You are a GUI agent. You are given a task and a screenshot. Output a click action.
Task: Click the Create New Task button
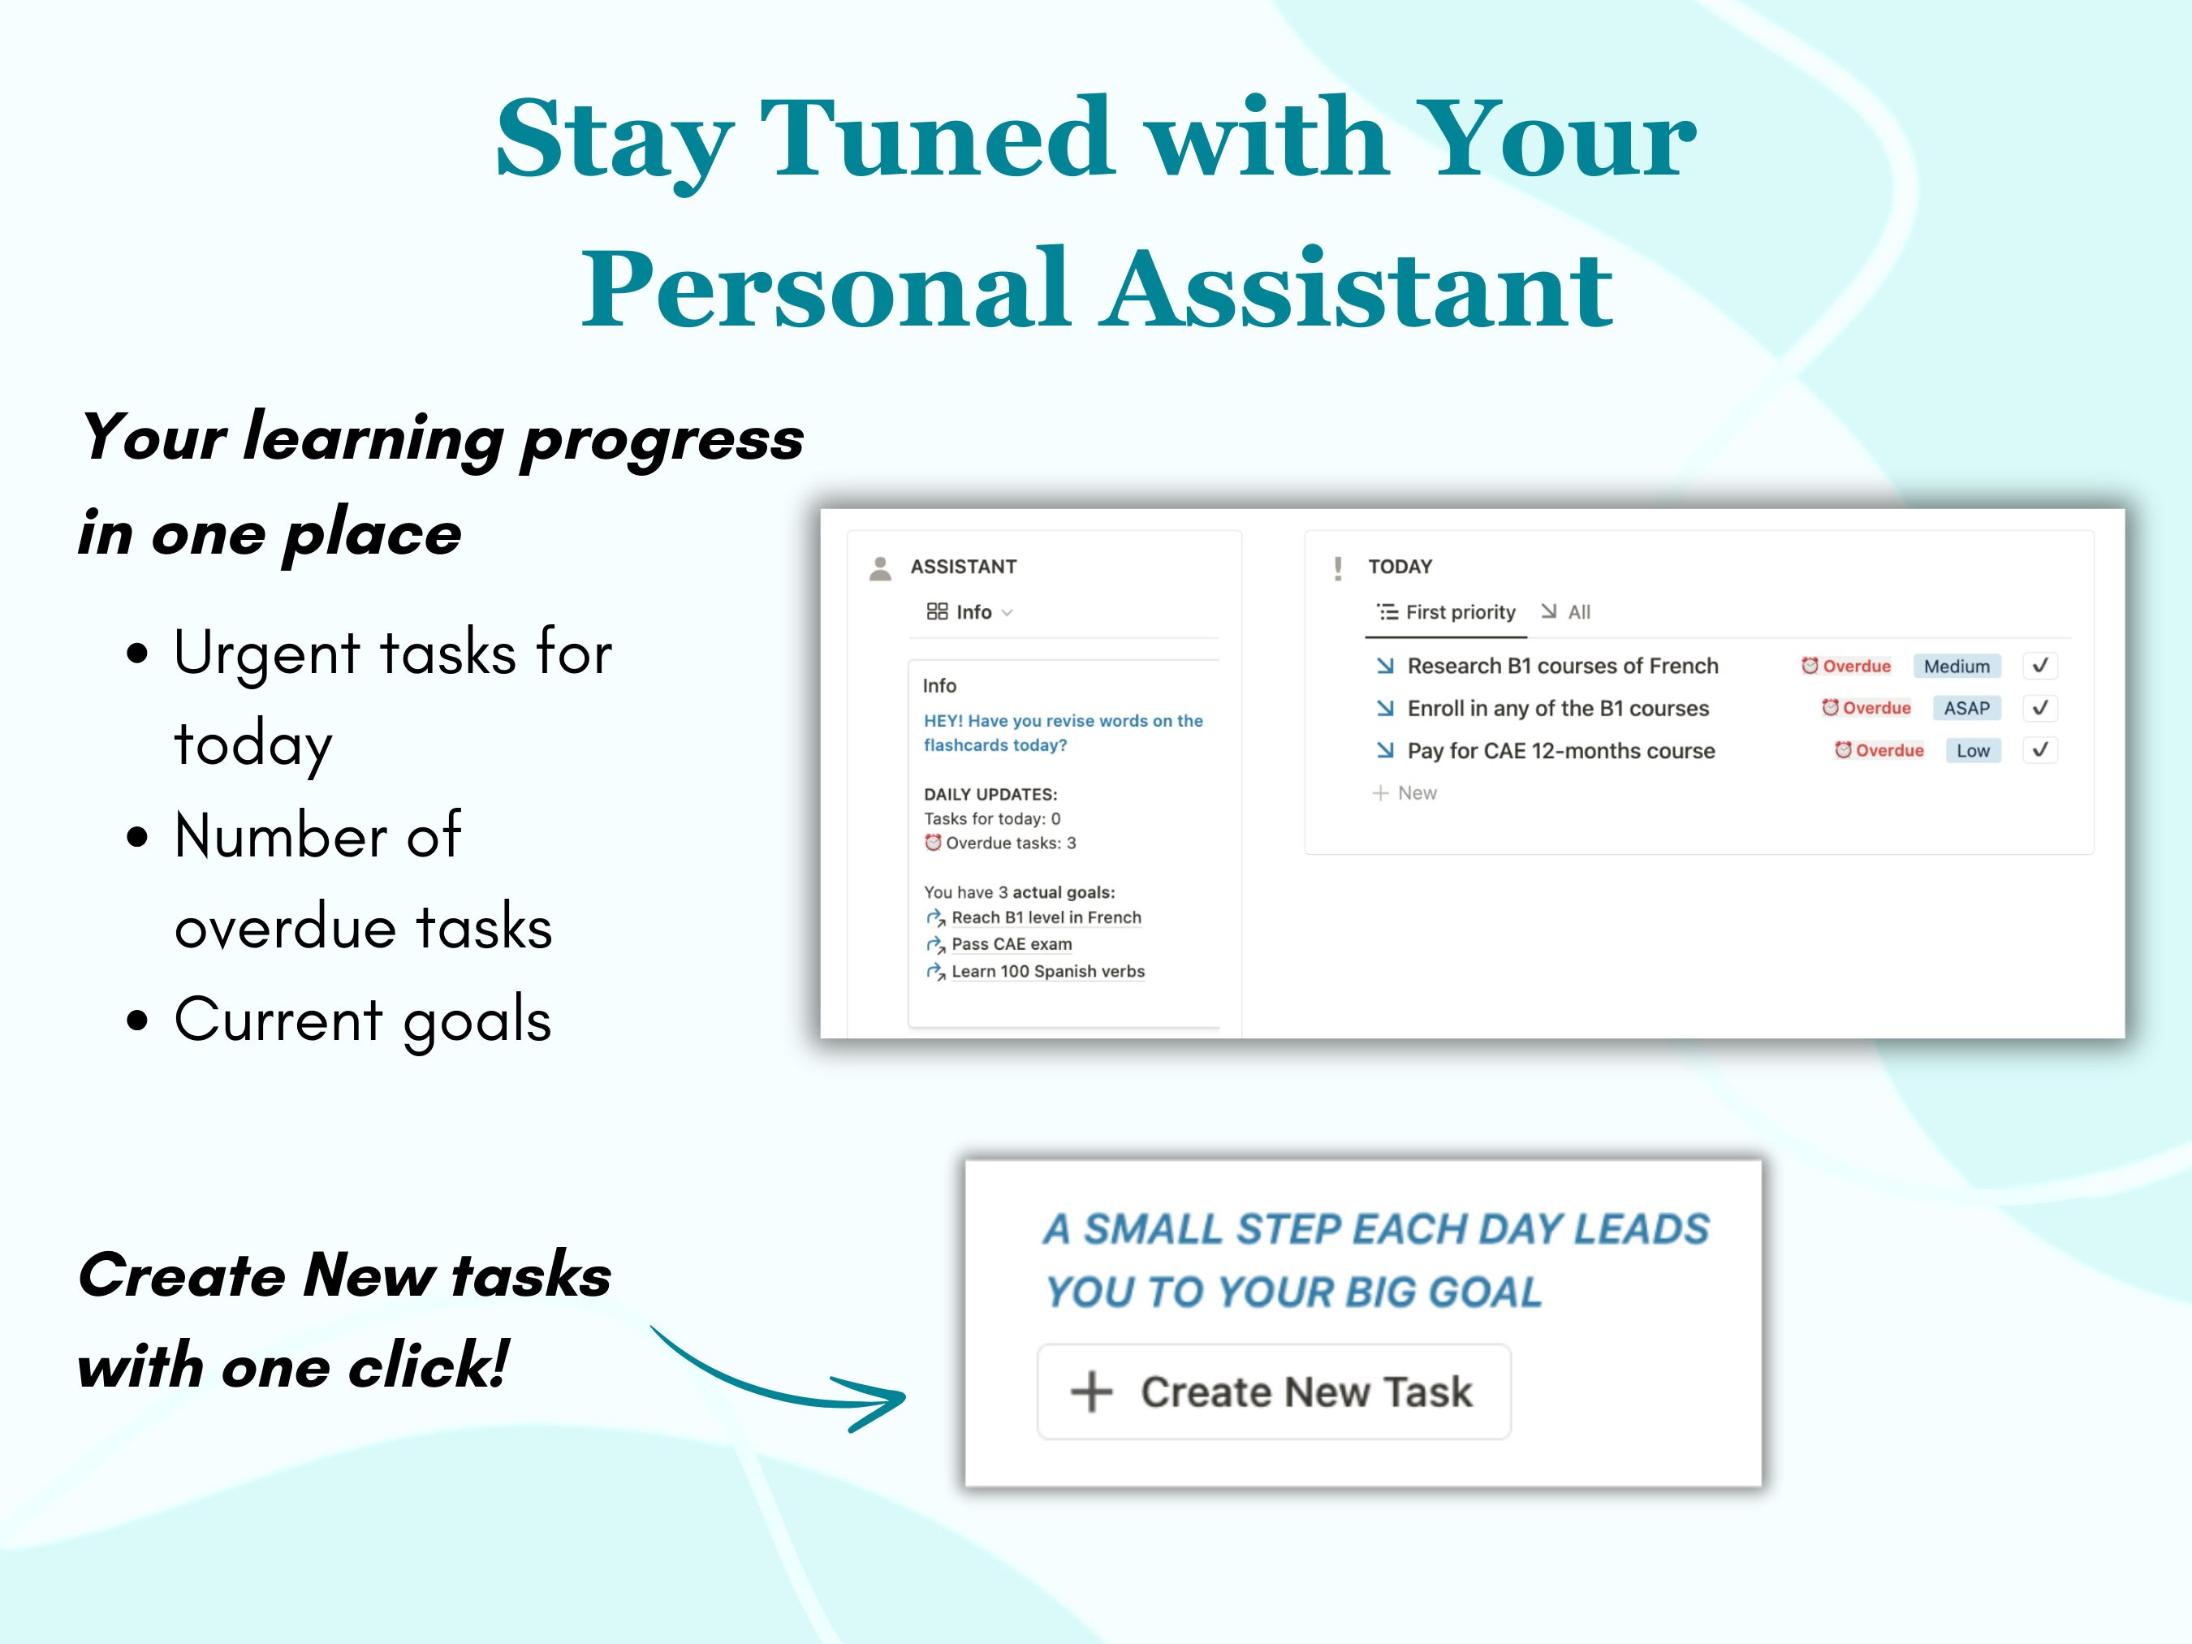[x=1273, y=1392]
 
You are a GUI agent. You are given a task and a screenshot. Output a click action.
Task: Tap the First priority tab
[x=1446, y=612]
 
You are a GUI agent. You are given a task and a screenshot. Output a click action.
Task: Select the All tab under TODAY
[x=1566, y=612]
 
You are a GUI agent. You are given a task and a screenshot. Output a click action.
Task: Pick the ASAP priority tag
[x=1966, y=709]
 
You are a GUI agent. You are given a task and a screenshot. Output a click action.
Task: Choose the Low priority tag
[x=1972, y=751]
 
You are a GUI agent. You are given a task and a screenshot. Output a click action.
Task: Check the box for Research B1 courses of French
[x=2039, y=666]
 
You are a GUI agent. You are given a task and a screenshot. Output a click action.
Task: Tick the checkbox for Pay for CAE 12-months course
[x=2039, y=751]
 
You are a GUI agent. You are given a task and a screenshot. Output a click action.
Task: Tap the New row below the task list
[x=1405, y=792]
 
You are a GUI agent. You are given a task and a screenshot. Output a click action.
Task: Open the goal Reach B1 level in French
[x=1033, y=917]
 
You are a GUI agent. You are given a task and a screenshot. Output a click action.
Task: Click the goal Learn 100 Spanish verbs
[x=1036, y=971]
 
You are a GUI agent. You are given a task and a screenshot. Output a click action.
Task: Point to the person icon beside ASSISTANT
[x=880, y=567]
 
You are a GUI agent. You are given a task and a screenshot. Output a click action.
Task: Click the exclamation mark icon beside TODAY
[x=1338, y=567]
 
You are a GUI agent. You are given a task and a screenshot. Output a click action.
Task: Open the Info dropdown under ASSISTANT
[x=969, y=612]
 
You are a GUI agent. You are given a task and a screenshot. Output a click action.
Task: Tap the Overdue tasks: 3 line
[x=1000, y=844]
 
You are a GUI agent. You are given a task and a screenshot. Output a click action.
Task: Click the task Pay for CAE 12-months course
[x=1560, y=751]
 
